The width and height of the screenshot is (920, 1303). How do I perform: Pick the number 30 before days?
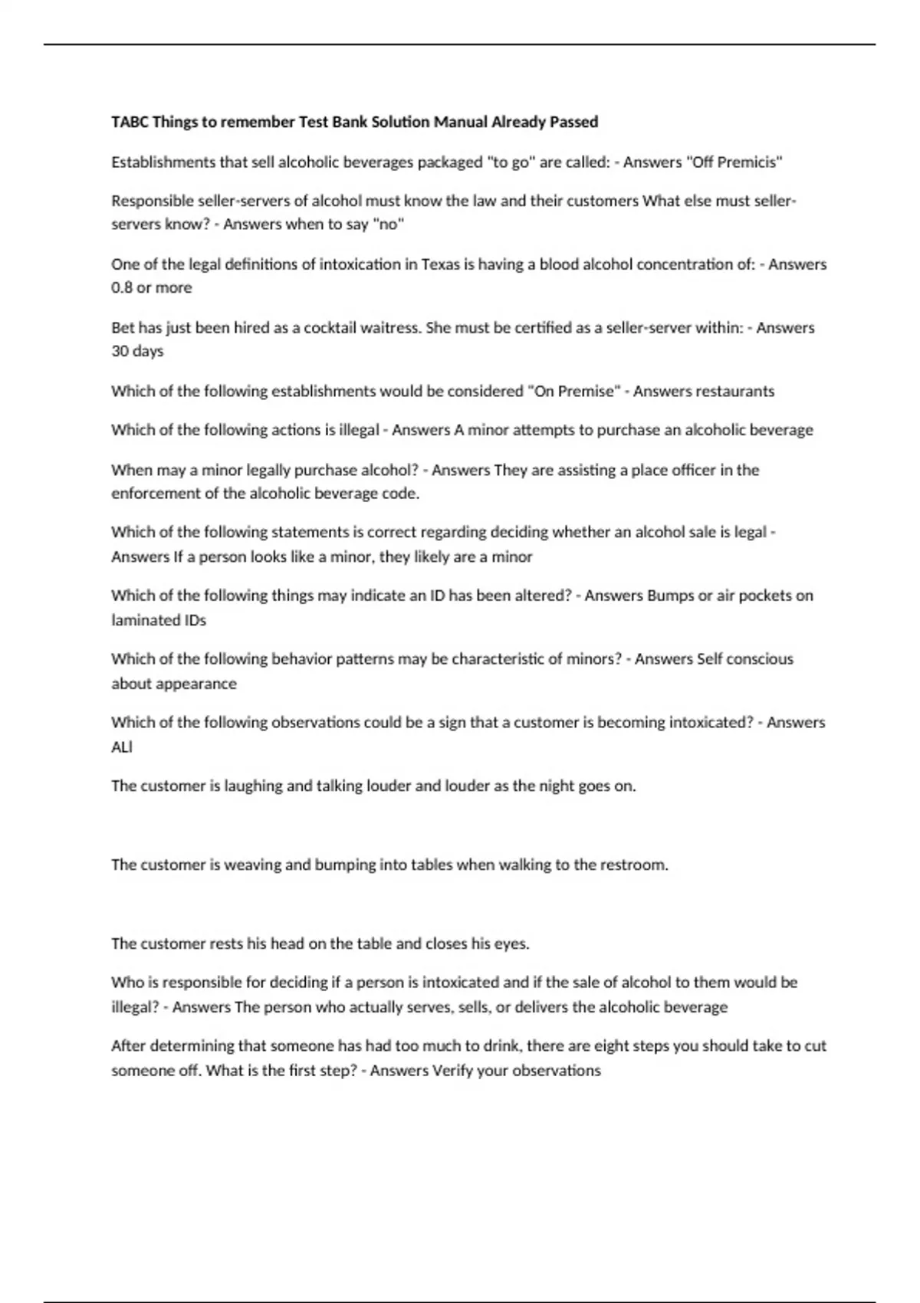[120, 352]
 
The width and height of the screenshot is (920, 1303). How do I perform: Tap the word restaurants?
[737, 392]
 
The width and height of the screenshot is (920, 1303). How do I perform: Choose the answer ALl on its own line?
[122, 747]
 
